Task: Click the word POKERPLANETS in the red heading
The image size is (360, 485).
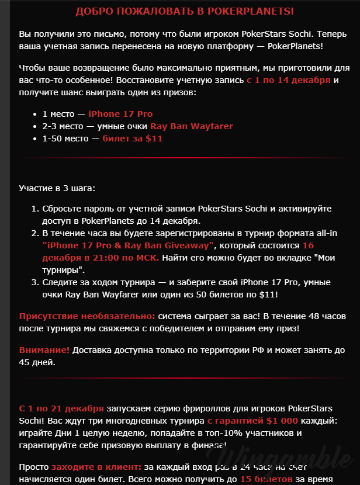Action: (x=251, y=12)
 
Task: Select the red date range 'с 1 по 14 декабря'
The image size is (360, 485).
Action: (x=289, y=81)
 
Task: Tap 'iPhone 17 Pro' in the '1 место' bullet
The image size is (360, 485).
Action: (x=120, y=114)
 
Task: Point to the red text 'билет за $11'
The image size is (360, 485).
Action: (x=133, y=138)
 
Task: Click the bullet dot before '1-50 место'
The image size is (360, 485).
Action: (x=34, y=139)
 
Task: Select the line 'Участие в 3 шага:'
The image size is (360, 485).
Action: (x=57, y=189)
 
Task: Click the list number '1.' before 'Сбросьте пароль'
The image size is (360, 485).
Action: (x=34, y=208)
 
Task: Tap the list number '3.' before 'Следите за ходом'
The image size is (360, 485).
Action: (x=34, y=283)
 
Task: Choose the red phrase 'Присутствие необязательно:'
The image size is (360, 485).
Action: (x=87, y=316)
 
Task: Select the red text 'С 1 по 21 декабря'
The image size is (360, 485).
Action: (x=61, y=408)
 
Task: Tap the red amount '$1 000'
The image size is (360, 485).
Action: (x=282, y=421)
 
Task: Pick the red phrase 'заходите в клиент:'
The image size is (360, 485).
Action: (x=96, y=467)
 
